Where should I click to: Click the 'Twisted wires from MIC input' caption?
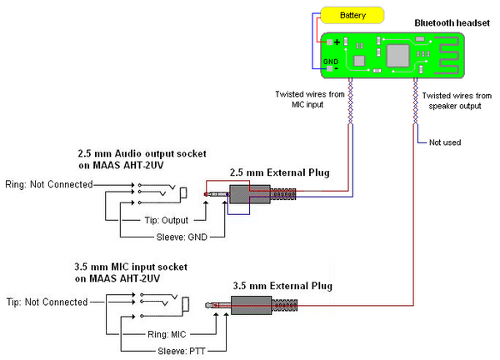(309, 100)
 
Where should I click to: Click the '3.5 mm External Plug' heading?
(282, 286)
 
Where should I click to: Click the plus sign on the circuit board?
(337, 41)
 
